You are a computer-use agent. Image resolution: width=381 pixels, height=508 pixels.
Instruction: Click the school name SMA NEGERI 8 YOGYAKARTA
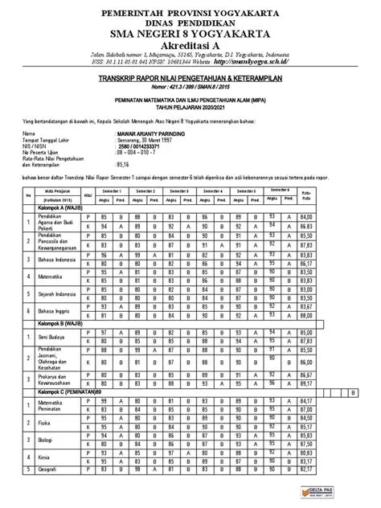190,34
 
